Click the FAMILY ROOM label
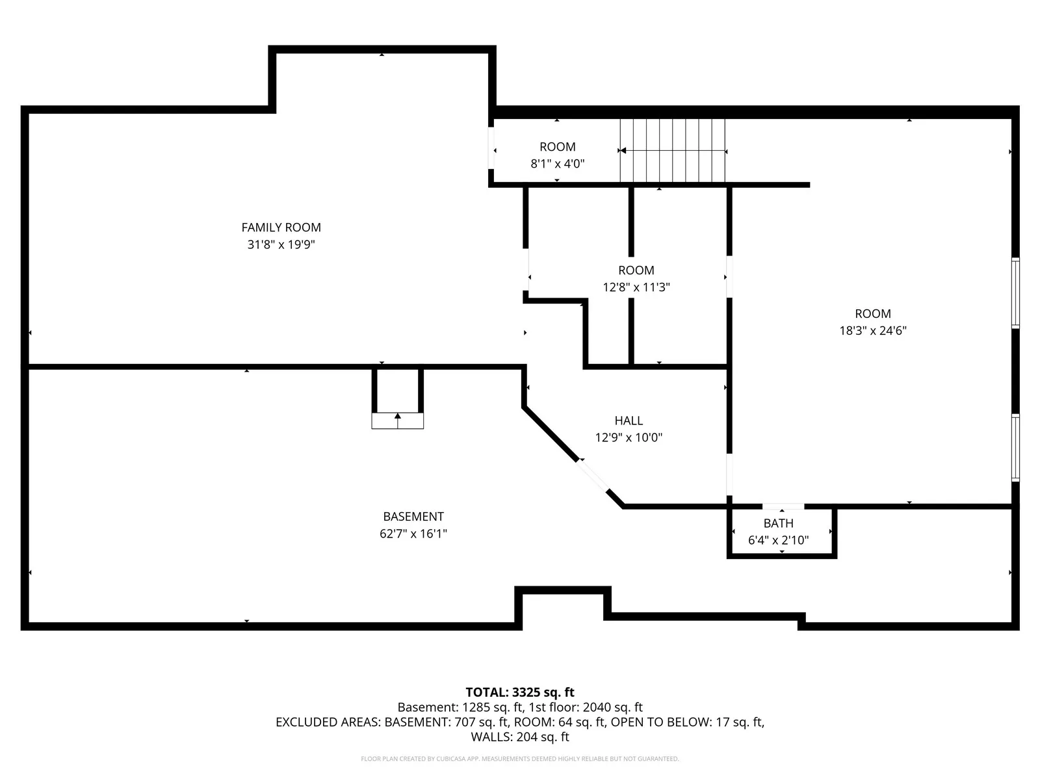pyautogui.click(x=281, y=227)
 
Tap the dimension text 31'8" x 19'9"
pyautogui.click(x=281, y=244)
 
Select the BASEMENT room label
pyautogui.click(x=413, y=516)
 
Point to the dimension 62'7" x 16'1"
pyautogui.click(x=413, y=534)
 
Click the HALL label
pyautogui.click(x=629, y=421)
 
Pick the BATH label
pyautogui.click(x=778, y=523)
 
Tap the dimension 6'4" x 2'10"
pyautogui.click(x=778, y=540)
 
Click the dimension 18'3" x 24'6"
pyautogui.click(x=873, y=331)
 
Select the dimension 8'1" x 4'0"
pyautogui.click(x=557, y=164)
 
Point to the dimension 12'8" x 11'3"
pyautogui.click(x=636, y=287)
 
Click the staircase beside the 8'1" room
pyautogui.click(x=672, y=150)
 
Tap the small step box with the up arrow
pyautogui.click(x=397, y=421)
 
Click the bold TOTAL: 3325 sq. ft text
pyautogui.click(x=520, y=692)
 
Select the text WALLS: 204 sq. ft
pyautogui.click(x=520, y=737)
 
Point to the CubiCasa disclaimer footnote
pyautogui.click(x=520, y=759)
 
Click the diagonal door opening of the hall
pyautogui.click(x=591, y=475)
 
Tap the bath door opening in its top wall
pyautogui.click(x=783, y=506)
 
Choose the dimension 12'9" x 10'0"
pyautogui.click(x=629, y=437)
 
